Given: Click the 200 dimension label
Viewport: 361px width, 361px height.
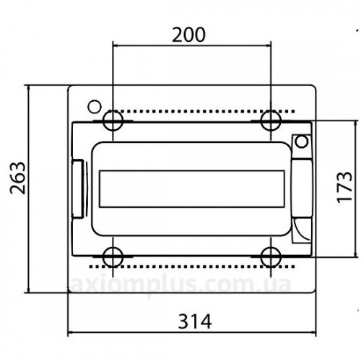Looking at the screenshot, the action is (189, 35).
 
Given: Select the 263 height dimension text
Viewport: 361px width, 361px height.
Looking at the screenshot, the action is (18, 178).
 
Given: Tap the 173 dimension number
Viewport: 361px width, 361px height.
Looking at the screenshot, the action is (344, 187).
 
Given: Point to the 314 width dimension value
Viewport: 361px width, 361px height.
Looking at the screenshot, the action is (195, 321).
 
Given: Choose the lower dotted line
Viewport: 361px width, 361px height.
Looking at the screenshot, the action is (192, 266).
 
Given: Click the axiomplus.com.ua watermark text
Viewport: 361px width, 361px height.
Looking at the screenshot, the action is (180, 285).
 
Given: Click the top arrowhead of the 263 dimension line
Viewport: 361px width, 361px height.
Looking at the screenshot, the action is (29, 88).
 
